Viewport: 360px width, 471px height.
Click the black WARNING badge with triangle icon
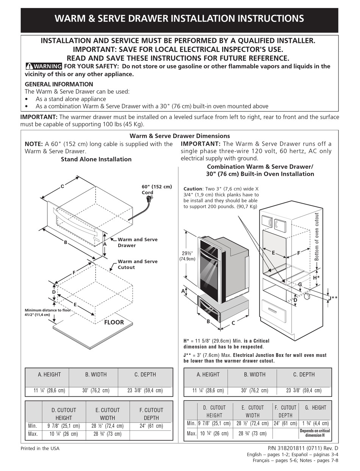(44, 66)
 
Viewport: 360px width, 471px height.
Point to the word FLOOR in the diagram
(114, 322)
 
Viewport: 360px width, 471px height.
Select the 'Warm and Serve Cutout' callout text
(138, 264)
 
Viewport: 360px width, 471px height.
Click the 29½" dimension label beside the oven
(187, 256)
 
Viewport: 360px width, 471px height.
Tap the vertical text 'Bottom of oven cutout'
(317, 237)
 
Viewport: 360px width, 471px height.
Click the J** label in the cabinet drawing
(332, 298)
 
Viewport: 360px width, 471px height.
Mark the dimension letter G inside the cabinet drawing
(300, 284)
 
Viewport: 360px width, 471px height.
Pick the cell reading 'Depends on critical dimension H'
(315, 433)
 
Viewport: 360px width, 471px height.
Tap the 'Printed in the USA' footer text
(40, 449)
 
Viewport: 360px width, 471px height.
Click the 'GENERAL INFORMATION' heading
(59, 84)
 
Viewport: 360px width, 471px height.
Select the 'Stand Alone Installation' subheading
(96, 159)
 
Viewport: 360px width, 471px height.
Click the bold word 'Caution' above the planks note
(193, 188)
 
